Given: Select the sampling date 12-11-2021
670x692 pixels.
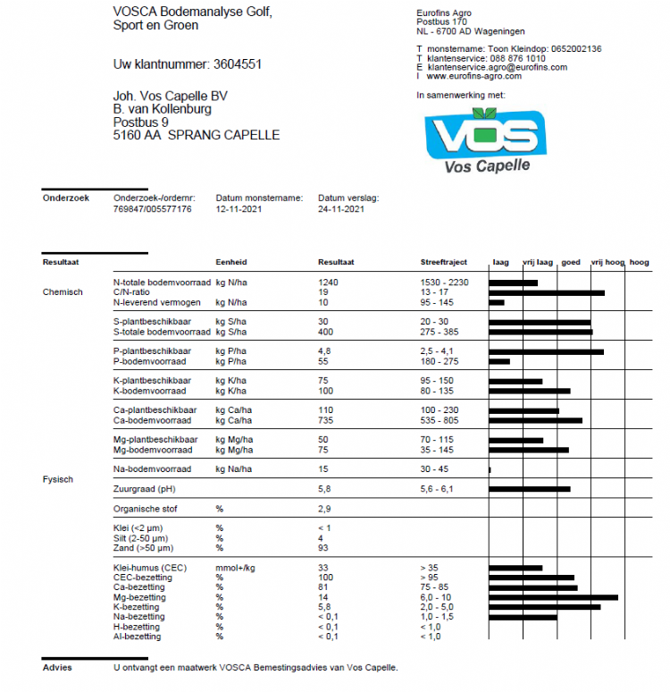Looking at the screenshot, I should pos(239,209).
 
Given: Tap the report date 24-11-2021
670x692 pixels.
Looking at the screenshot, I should pos(341,209).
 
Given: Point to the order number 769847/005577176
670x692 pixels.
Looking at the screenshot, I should pos(153,209).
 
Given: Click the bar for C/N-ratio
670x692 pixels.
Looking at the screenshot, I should pos(547,292).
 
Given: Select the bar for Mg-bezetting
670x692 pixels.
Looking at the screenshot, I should pos(553,597).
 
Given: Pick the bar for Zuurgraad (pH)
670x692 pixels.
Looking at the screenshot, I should pos(530,489).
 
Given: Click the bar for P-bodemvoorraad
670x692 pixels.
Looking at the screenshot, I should pos(499,361).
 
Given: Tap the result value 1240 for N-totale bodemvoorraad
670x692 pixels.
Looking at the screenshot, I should pos(328,283).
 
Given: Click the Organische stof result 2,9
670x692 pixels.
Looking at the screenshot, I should pos(324,509).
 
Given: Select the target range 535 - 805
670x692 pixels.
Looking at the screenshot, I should pos(439,420).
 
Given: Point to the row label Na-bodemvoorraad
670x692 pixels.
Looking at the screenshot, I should pos(152,469).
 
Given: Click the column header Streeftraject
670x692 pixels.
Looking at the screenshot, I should pos(444,263).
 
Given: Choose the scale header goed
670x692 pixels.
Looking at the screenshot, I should pos(570,263).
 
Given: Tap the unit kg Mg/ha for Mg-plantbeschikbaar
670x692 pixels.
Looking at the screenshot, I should pos(235,440).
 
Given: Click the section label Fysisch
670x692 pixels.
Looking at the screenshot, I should pos(58,480).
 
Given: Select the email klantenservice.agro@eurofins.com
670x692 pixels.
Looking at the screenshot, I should pos(497,68).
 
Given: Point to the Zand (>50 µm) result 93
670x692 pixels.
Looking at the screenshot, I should pos(323,548).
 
